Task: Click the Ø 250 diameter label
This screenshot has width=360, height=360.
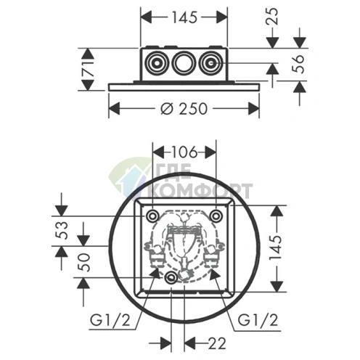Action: coord(184,109)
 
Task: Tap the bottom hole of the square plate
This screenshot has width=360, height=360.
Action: coord(171,279)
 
